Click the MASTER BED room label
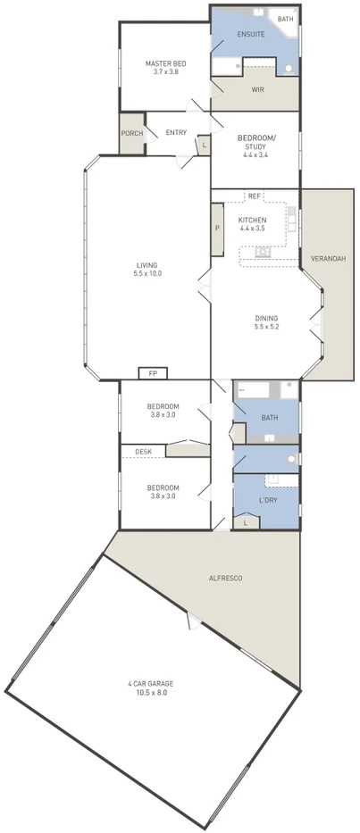pyautogui.click(x=165, y=63)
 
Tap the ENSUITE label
pyautogui.click(x=251, y=34)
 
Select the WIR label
pyautogui.click(x=257, y=89)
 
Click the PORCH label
pyautogui.click(x=131, y=133)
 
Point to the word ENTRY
pyautogui.click(x=176, y=133)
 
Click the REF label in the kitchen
pyautogui.click(x=254, y=196)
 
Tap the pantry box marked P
pyautogui.click(x=217, y=229)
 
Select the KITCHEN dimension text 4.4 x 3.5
pyautogui.click(x=252, y=229)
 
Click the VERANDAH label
pyautogui.click(x=328, y=259)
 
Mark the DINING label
pyautogui.click(x=266, y=318)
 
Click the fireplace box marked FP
pyautogui.click(x=153, y=373)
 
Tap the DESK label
pyautogui.click(x=143, y=452)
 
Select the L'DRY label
pyautogui.click(x=268, y=500)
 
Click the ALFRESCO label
pyautogui.click(x=223, y=579)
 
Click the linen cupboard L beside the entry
pyautogui.click(x=204, y=145)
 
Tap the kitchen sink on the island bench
pyautogui.click(x=263, y=252)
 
